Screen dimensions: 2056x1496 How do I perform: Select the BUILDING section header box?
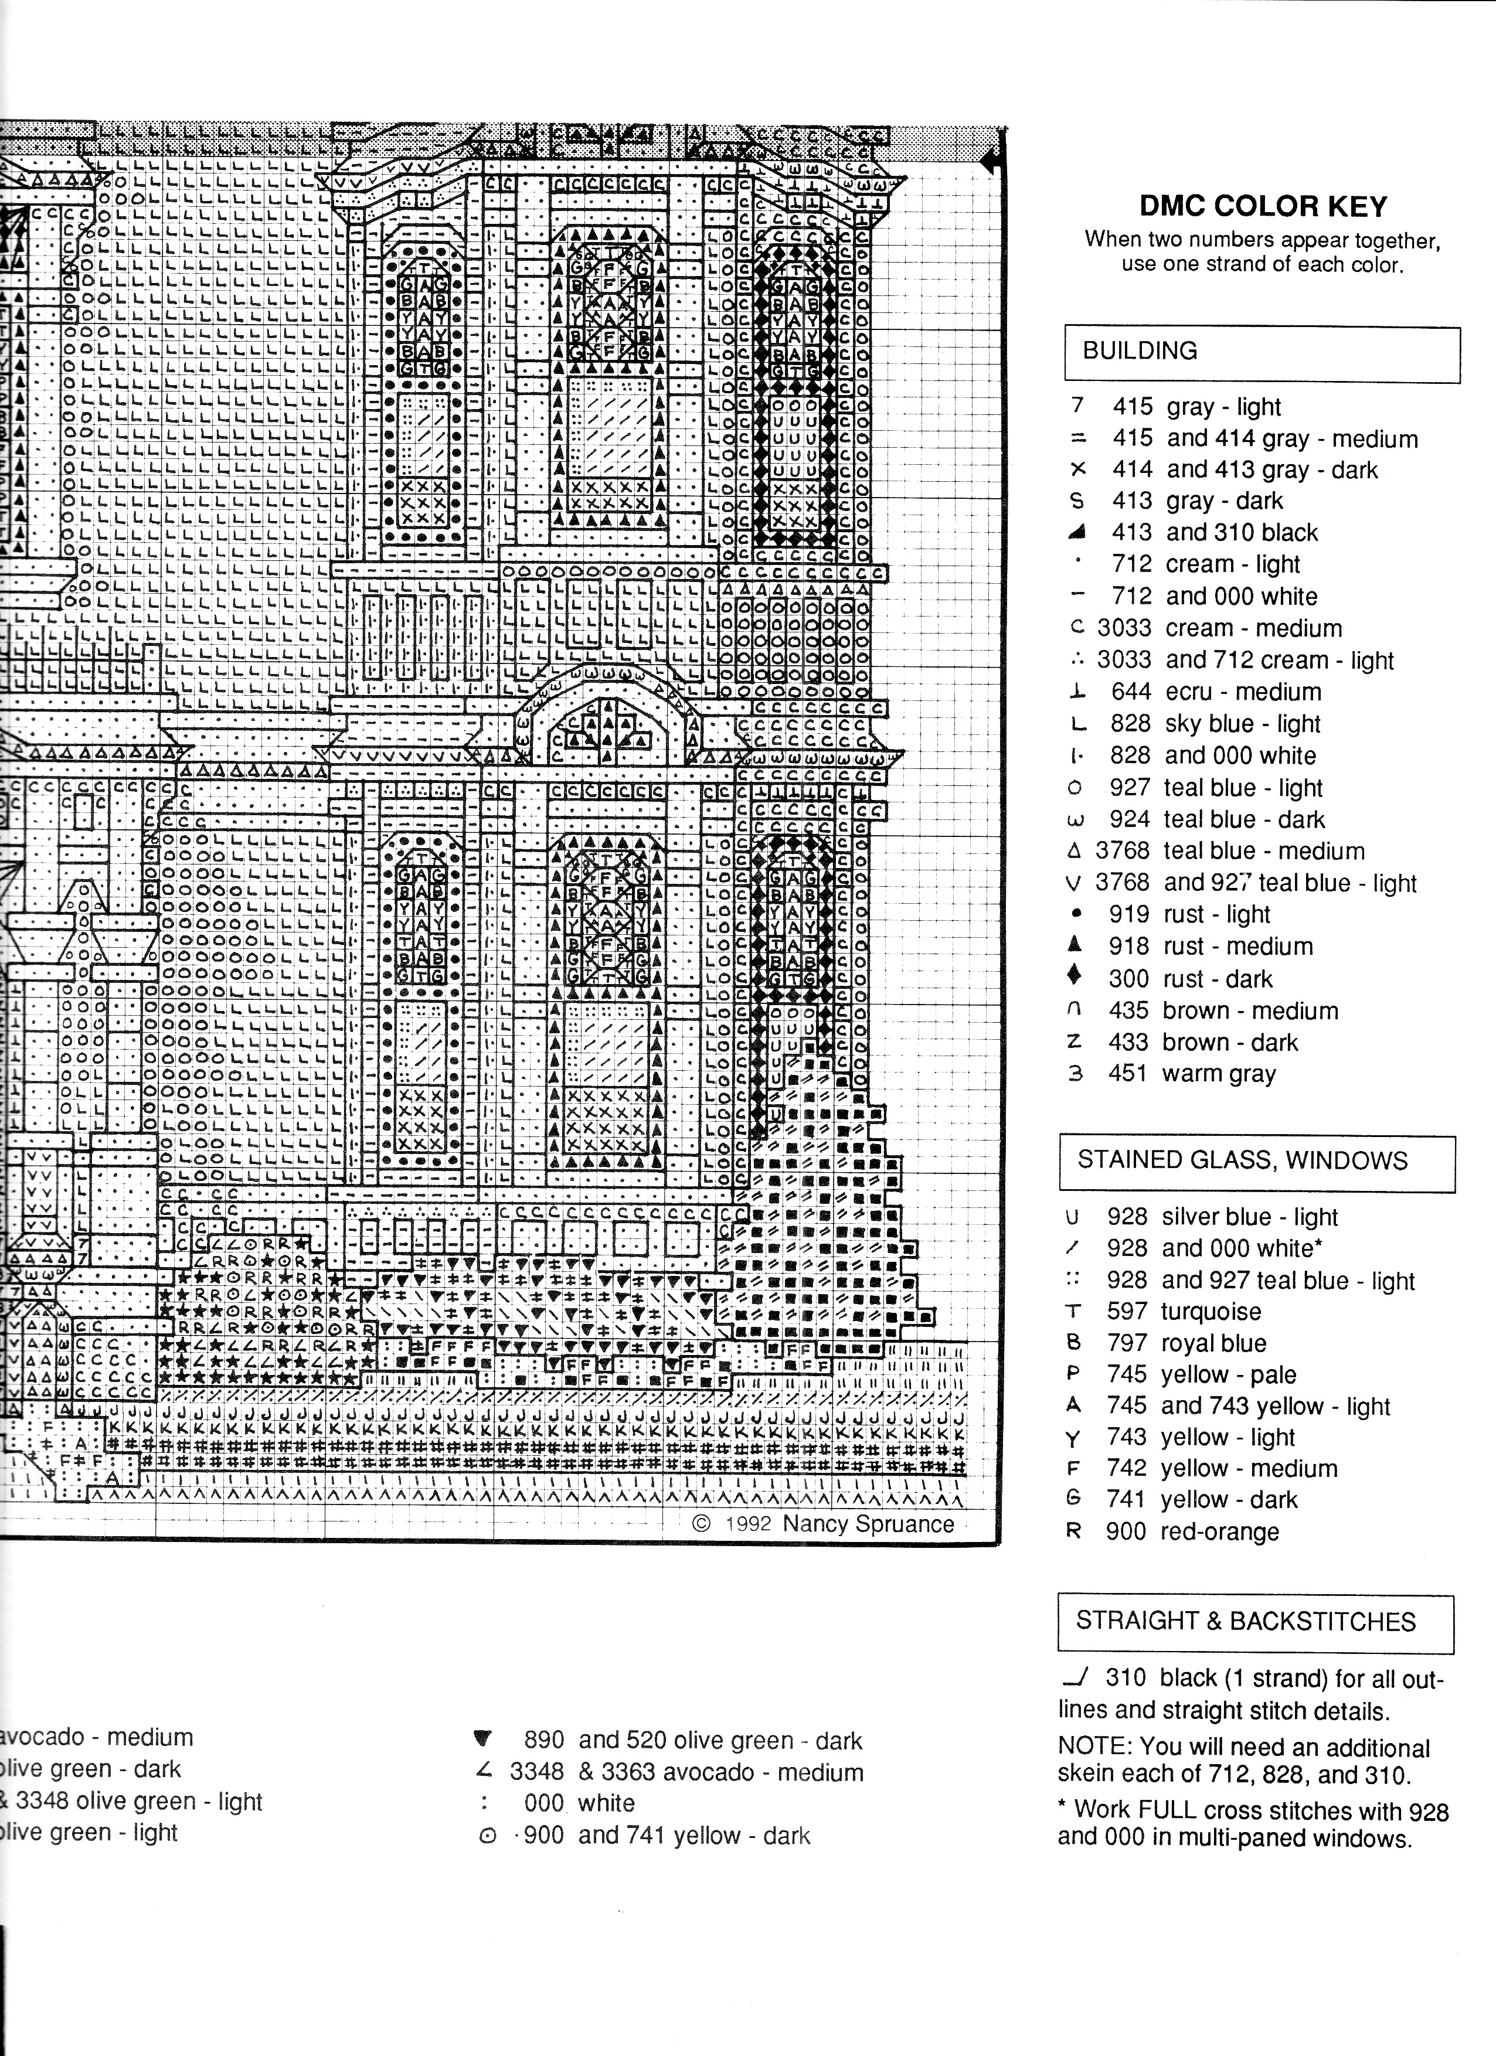pos(1262,355)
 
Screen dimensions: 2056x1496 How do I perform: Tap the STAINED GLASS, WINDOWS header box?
pos(1257,1163)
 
